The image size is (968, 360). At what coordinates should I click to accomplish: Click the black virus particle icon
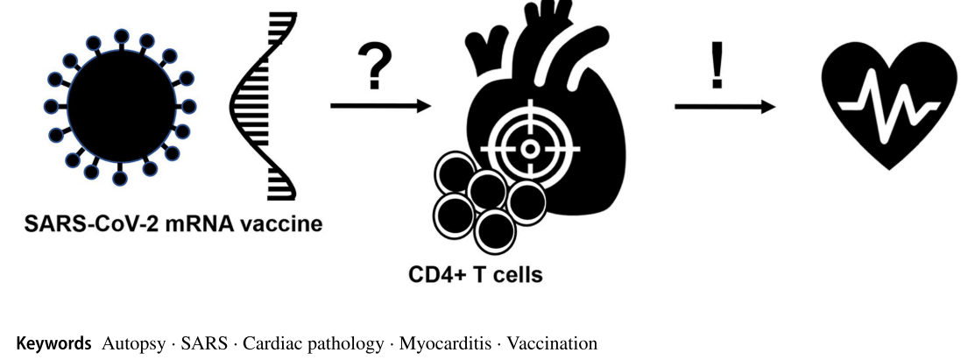[117, 106]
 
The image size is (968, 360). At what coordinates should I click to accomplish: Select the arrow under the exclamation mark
[724, 106]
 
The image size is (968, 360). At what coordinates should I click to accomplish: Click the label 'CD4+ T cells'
[476, 275]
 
